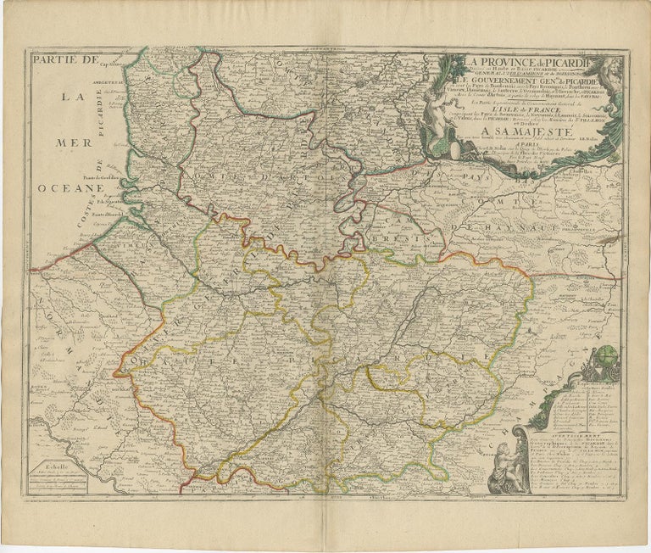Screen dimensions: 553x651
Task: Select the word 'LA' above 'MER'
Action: click(x=73, y=97)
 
